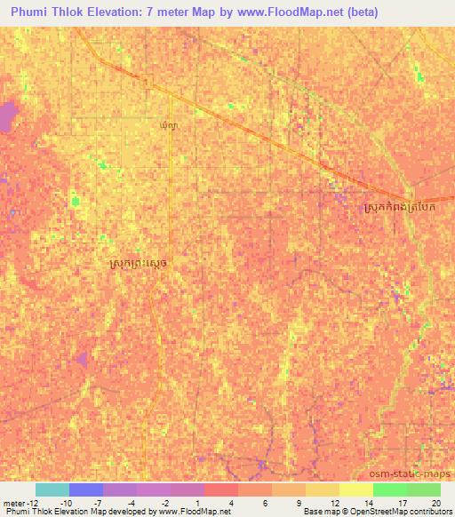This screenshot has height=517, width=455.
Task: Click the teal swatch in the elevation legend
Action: click(x=52, y=489)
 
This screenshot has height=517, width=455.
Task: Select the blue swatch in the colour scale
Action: click(x=86, y=489)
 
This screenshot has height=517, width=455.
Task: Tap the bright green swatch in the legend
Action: click(x=390, y=489)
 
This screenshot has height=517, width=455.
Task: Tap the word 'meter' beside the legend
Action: click(x=15, y=502)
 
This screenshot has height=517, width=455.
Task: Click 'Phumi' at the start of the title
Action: click(x=31, y=12)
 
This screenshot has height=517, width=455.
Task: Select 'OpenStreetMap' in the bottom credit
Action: click(x=366, y=512)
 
